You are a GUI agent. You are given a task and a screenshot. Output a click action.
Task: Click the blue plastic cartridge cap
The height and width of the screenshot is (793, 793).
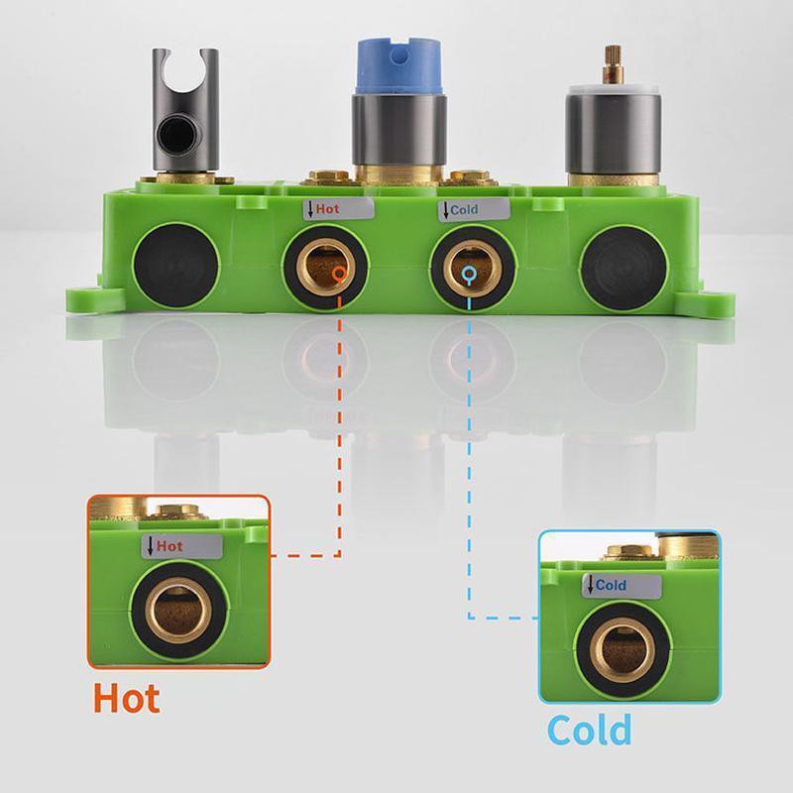point(399,66)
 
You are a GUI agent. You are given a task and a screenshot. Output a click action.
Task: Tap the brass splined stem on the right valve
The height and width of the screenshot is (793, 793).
point(612,66)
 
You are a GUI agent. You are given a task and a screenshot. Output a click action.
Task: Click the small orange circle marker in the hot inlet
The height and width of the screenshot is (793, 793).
point(339,274)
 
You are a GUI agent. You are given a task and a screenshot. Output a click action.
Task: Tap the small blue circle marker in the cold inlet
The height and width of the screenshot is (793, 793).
point(469,275)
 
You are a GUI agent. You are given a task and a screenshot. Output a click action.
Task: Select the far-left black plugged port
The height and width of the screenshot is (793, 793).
point(176,266)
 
